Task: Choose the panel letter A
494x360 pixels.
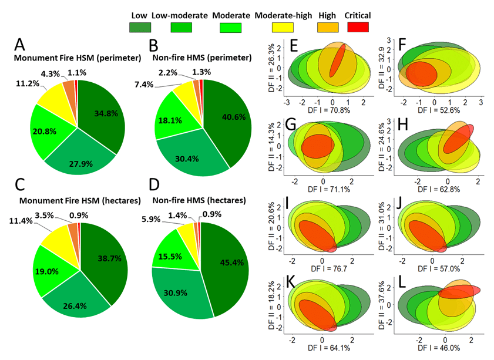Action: pyautogui.click(x=20, y=45)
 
